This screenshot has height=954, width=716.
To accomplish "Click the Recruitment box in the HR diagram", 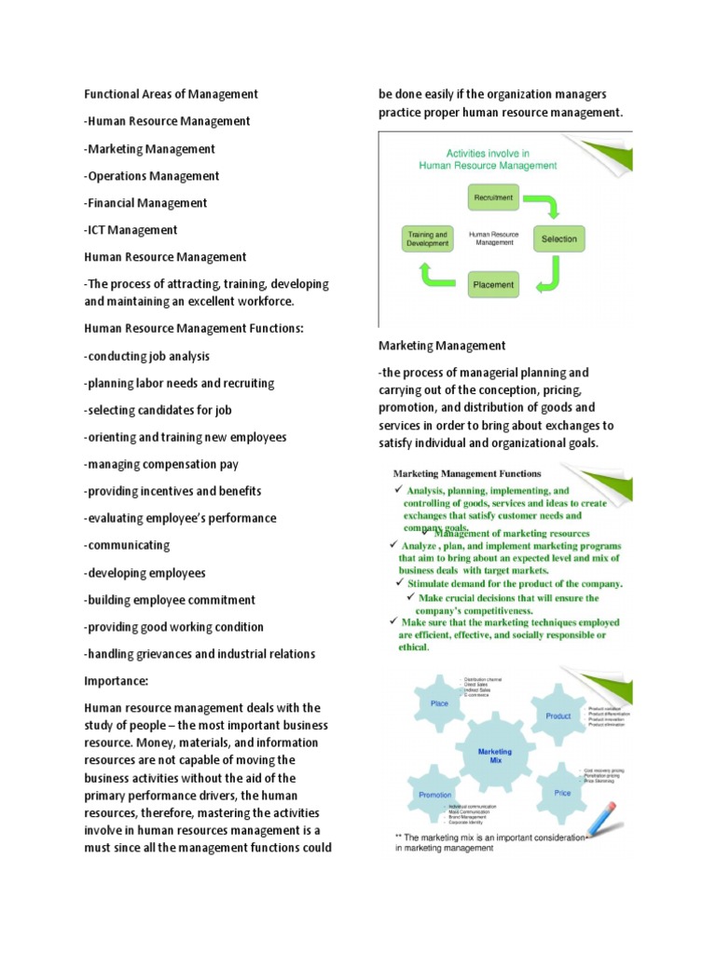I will tap(494, 198).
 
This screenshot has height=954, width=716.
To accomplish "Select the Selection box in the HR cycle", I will tap(559, 239).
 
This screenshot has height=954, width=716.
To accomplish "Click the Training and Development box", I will tap(428, 239).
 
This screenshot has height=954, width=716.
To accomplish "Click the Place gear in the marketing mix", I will tap(440, 704).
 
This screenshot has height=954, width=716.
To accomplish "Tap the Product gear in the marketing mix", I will tap(558, 716).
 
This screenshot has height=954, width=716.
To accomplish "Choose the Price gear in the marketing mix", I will tap(562, 792).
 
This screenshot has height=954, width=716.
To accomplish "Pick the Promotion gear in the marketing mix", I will tap(435, 795).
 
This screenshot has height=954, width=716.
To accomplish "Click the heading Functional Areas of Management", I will tap(171, 94).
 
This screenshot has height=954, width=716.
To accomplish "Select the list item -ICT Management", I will tap(131, 230).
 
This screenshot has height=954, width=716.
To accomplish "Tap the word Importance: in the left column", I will tap(117, 681).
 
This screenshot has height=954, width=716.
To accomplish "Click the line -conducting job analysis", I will tap(146, 356).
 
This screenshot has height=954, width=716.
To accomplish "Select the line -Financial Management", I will tap(145, 203).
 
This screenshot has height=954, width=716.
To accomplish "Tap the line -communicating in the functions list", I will tap(127, 545).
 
